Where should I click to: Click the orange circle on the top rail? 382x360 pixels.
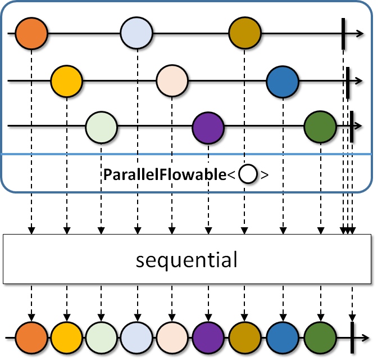point(31,33)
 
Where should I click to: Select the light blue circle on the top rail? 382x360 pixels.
point(137,33)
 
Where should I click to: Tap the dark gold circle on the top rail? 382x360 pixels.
point(245,33)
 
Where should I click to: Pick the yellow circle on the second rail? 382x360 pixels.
point(67,81)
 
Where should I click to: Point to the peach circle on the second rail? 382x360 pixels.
point(172,81)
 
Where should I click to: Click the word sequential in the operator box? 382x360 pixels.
point(187,260)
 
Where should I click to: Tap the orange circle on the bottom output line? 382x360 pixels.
point(31,337)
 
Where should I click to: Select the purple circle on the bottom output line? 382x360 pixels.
point(208,337)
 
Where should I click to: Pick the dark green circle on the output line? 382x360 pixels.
point(320,337)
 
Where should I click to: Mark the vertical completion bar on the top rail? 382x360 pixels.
point(343,33)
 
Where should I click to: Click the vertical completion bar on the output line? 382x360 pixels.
point(352,337)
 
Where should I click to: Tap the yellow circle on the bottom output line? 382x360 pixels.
point(67,337)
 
